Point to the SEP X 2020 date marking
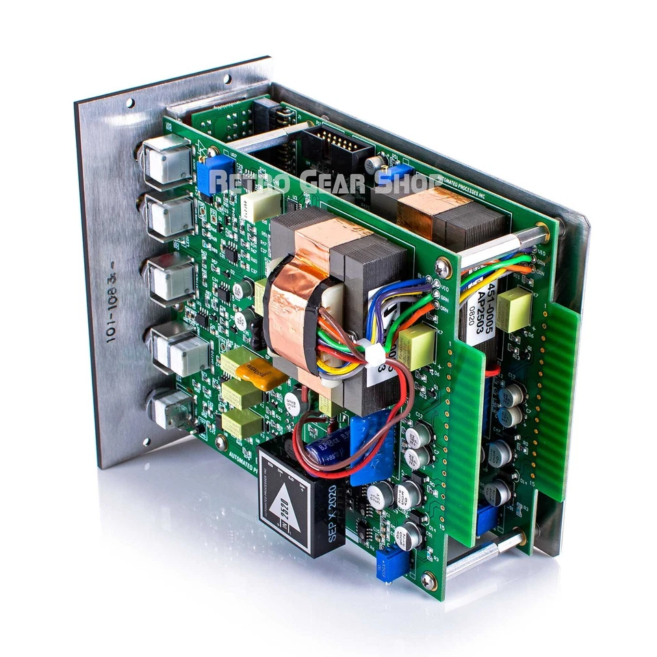[x=333, y=513]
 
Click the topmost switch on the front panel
[x=166, y=159]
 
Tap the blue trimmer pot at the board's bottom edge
[x=392, y=565]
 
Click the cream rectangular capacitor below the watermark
[x=262, y=204]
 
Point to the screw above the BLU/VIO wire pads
[x=443, y=268]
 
